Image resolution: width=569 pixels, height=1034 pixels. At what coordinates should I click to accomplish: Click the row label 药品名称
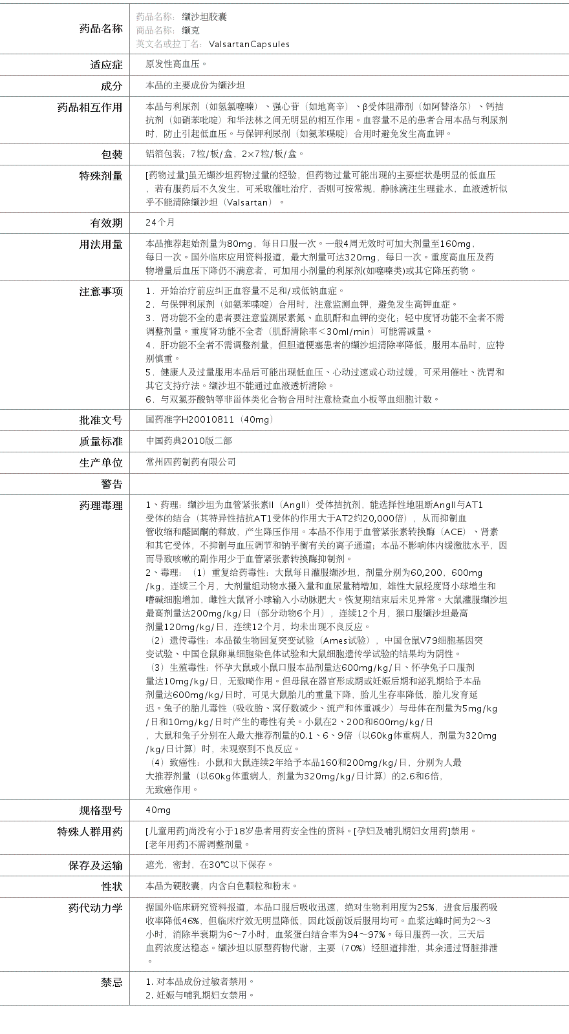100,28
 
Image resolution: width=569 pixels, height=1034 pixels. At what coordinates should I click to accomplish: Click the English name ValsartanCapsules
249,45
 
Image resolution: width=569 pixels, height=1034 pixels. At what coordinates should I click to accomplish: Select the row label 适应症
106,65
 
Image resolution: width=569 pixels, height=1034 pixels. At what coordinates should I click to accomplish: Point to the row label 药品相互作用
90,107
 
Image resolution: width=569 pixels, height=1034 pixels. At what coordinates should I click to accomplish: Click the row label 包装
111,154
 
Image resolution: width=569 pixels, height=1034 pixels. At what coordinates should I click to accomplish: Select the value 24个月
160,222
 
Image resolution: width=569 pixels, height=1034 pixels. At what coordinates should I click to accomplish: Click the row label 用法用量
100,244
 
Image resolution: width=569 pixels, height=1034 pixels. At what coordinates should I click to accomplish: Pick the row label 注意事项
100,291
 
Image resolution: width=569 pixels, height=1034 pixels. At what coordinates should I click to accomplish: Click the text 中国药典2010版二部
189,441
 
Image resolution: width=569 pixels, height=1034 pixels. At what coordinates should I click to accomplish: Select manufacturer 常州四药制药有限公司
191,462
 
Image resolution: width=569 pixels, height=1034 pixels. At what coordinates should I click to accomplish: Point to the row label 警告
111,484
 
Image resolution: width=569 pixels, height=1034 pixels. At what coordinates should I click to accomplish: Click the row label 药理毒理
100,505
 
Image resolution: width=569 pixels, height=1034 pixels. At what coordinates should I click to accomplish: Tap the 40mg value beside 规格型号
158,810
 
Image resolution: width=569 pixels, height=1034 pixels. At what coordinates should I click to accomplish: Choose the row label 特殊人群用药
90,832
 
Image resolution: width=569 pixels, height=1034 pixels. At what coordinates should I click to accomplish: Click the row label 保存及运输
95,865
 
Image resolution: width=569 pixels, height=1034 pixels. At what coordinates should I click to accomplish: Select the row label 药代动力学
95,908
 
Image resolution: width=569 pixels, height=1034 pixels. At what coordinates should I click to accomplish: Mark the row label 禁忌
111,982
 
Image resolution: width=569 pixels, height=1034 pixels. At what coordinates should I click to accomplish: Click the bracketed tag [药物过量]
166,175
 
